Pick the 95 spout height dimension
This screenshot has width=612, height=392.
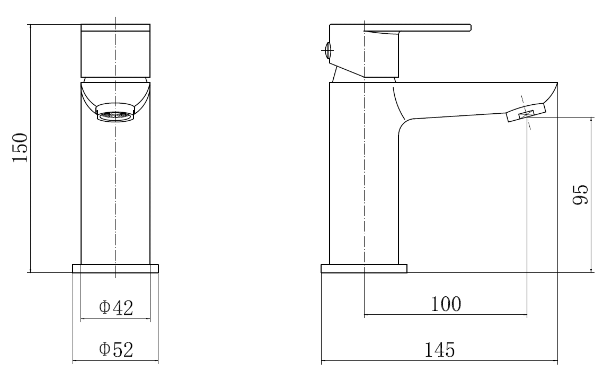coord(580,195)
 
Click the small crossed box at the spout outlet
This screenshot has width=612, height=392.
coord(526,114)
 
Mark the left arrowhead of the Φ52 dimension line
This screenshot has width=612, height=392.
coord(74,360)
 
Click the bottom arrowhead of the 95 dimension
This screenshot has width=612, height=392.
coord(591,271)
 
